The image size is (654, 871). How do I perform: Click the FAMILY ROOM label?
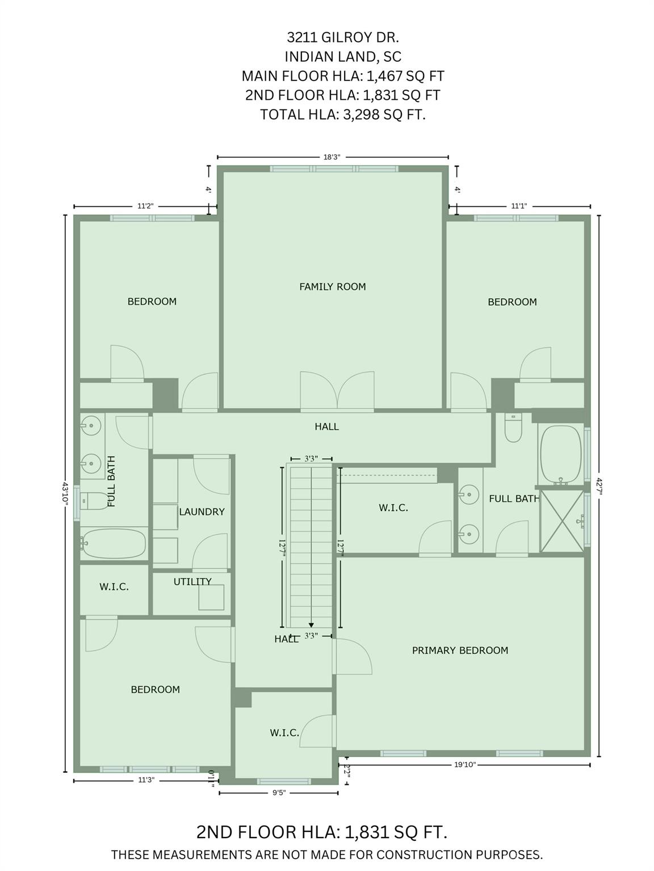(x=333, y=287)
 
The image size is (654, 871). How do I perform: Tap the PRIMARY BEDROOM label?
(x=460, y=650)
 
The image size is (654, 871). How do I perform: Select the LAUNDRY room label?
(x=202, y=511)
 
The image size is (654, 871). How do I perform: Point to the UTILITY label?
(x=192, y=582)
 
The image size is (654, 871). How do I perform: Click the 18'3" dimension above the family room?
(x=332, y=157)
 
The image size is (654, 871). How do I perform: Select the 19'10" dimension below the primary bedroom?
(x=465, y=764)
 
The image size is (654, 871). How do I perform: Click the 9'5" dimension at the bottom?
(x=279, y=793)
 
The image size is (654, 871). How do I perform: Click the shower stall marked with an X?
(x=561, y=521)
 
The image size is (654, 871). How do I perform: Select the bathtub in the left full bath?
(x=113, y=543)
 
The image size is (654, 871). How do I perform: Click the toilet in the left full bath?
(x=94, y=501)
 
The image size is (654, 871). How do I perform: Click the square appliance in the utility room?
(x=211, y=597)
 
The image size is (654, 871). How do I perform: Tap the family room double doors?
(x=337, y=391)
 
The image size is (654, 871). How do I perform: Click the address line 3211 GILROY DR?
(x=342, y=37)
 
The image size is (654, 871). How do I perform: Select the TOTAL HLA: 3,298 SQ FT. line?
(x=342, y=115)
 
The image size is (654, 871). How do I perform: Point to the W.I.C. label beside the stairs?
(x=393, y=508)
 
